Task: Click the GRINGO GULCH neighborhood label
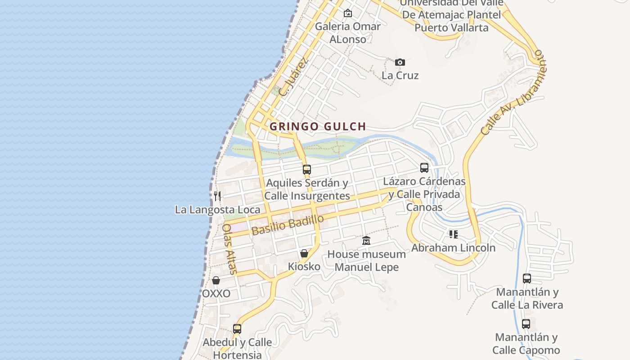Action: coord(317,126)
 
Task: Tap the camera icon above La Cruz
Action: coord(400,62)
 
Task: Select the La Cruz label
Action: coord(400,75)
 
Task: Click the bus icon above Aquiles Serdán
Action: coord(307,170)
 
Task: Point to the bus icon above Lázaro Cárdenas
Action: coord(424,168)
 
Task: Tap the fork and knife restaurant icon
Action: coord(217,196)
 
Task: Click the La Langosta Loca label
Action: coord(217,210)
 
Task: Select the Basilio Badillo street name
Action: coord(288,225)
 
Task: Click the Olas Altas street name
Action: coord(229,249)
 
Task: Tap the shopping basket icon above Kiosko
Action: coord(304,253)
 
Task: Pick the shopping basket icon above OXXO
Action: coord(216,280)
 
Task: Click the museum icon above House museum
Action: coord(366,241)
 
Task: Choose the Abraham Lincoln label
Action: coord(453,247)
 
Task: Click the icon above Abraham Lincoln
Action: coord(453,234)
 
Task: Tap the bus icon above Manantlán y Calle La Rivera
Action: coord(526,279)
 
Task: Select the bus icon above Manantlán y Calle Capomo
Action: coord(526,324)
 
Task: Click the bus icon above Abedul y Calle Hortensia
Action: coord(237,329)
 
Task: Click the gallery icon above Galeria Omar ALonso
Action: coord(347,13)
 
